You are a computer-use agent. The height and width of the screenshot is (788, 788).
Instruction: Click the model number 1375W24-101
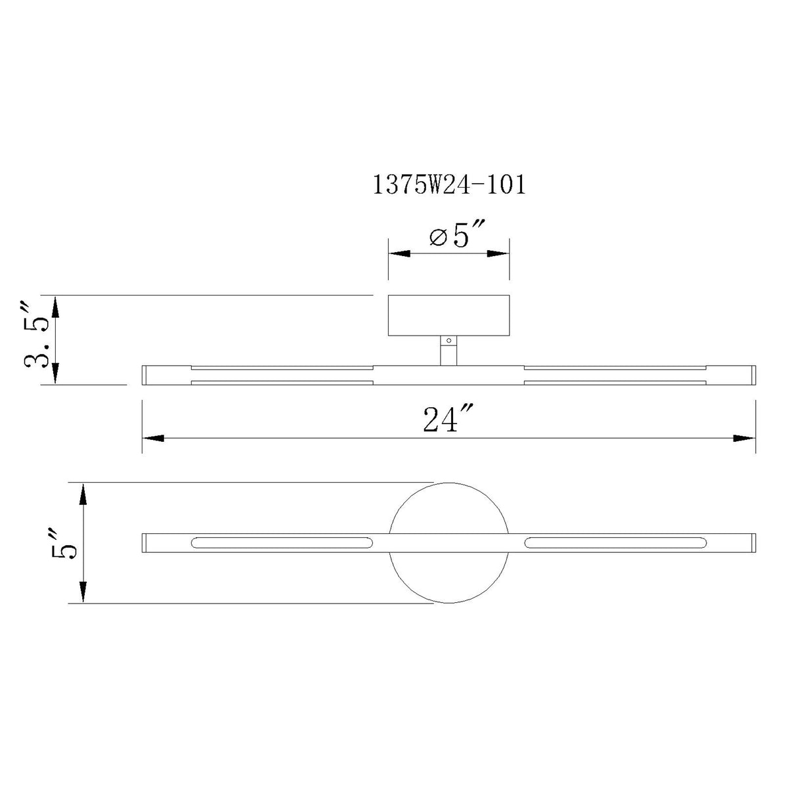coord(449,185)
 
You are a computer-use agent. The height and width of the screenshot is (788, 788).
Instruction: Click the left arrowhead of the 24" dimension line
coord(154,439)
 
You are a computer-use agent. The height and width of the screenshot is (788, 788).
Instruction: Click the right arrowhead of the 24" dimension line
coord(744,439)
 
